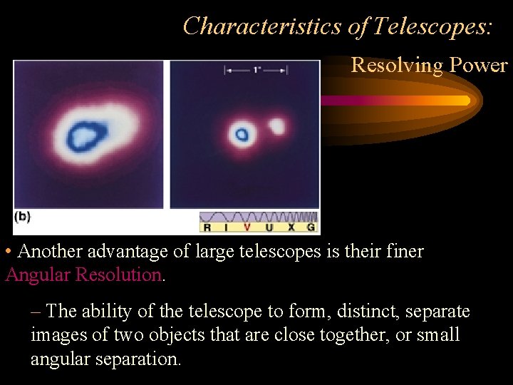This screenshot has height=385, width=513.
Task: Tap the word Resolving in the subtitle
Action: (397, 66)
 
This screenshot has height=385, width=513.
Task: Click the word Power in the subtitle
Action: (477, 66)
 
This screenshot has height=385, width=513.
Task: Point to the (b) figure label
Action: (22, 215)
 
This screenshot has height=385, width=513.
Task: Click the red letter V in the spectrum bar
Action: (247, 227)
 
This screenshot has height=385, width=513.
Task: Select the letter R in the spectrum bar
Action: (207, 227)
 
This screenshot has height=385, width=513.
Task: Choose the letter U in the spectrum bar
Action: (269, 227)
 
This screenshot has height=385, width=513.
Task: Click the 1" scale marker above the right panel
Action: (256, 70)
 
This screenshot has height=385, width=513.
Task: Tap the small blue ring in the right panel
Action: (242, 133)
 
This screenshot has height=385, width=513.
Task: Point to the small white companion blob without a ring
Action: (276, 126)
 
